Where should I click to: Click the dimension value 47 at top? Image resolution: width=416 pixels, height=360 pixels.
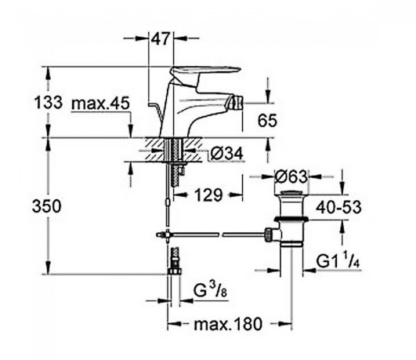pyautogui.click(x=161, y=38)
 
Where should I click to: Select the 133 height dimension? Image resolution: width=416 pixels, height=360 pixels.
pyautogui.click(x=49, y=102)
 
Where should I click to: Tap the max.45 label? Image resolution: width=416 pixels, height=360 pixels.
pyautogui.click(x=100, y=103)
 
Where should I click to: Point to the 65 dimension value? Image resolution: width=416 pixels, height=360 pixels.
pyautogui.click(x=267, y=120)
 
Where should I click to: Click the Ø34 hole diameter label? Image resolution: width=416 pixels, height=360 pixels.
pyautogui.click(x=226, y=154)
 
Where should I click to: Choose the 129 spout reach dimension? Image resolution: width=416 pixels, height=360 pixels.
pyautogui.click(x=208, y=195)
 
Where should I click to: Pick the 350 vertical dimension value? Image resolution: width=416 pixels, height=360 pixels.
pyautogui.click(x=47, y=206)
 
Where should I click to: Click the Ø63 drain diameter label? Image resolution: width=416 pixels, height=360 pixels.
pyautogui.click(x=291, y=176)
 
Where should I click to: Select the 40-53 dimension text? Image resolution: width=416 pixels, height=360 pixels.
pyautogui.click(x=338, y=207)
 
